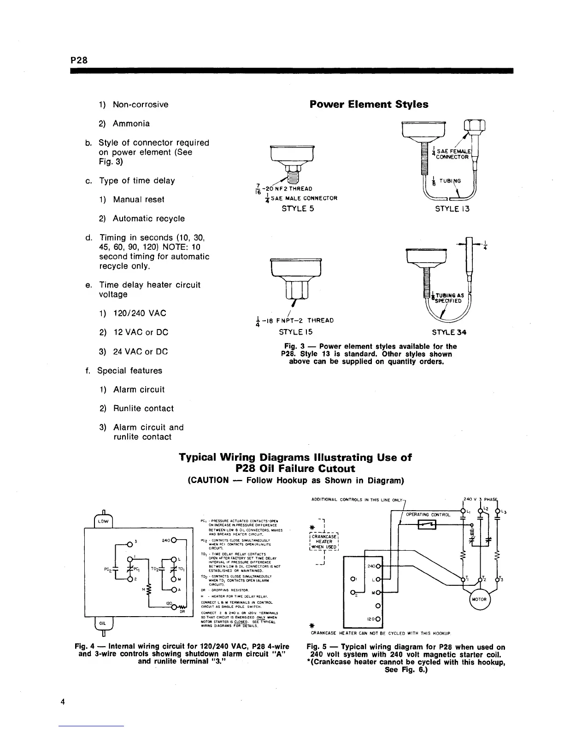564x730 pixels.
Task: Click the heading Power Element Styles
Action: click(369, 105)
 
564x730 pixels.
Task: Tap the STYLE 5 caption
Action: click(298, 208)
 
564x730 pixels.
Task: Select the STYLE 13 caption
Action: click(452, 209)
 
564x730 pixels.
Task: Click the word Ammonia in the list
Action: click(131, 124)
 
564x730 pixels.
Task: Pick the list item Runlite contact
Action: click(143, 408)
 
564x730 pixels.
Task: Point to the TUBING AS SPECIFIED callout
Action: click(446, 298)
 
